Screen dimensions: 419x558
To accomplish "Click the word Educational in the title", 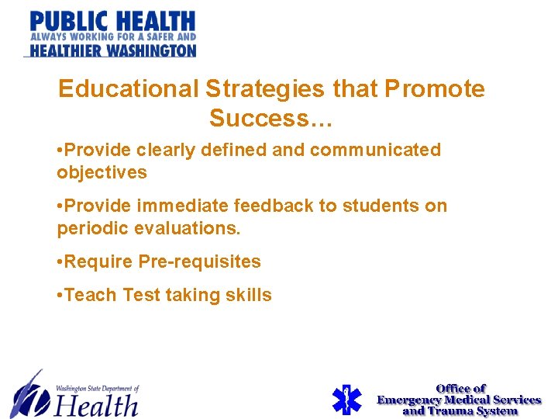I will [129, 89].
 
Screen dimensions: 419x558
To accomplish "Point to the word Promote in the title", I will [435, 89].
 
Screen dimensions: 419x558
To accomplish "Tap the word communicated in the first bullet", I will [375, 150].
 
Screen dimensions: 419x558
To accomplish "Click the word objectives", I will [102, 172].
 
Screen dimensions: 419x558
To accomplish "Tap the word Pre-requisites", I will [199, 261].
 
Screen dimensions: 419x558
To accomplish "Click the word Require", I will [99, 261].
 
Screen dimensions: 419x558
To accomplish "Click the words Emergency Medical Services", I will [459, 400].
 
